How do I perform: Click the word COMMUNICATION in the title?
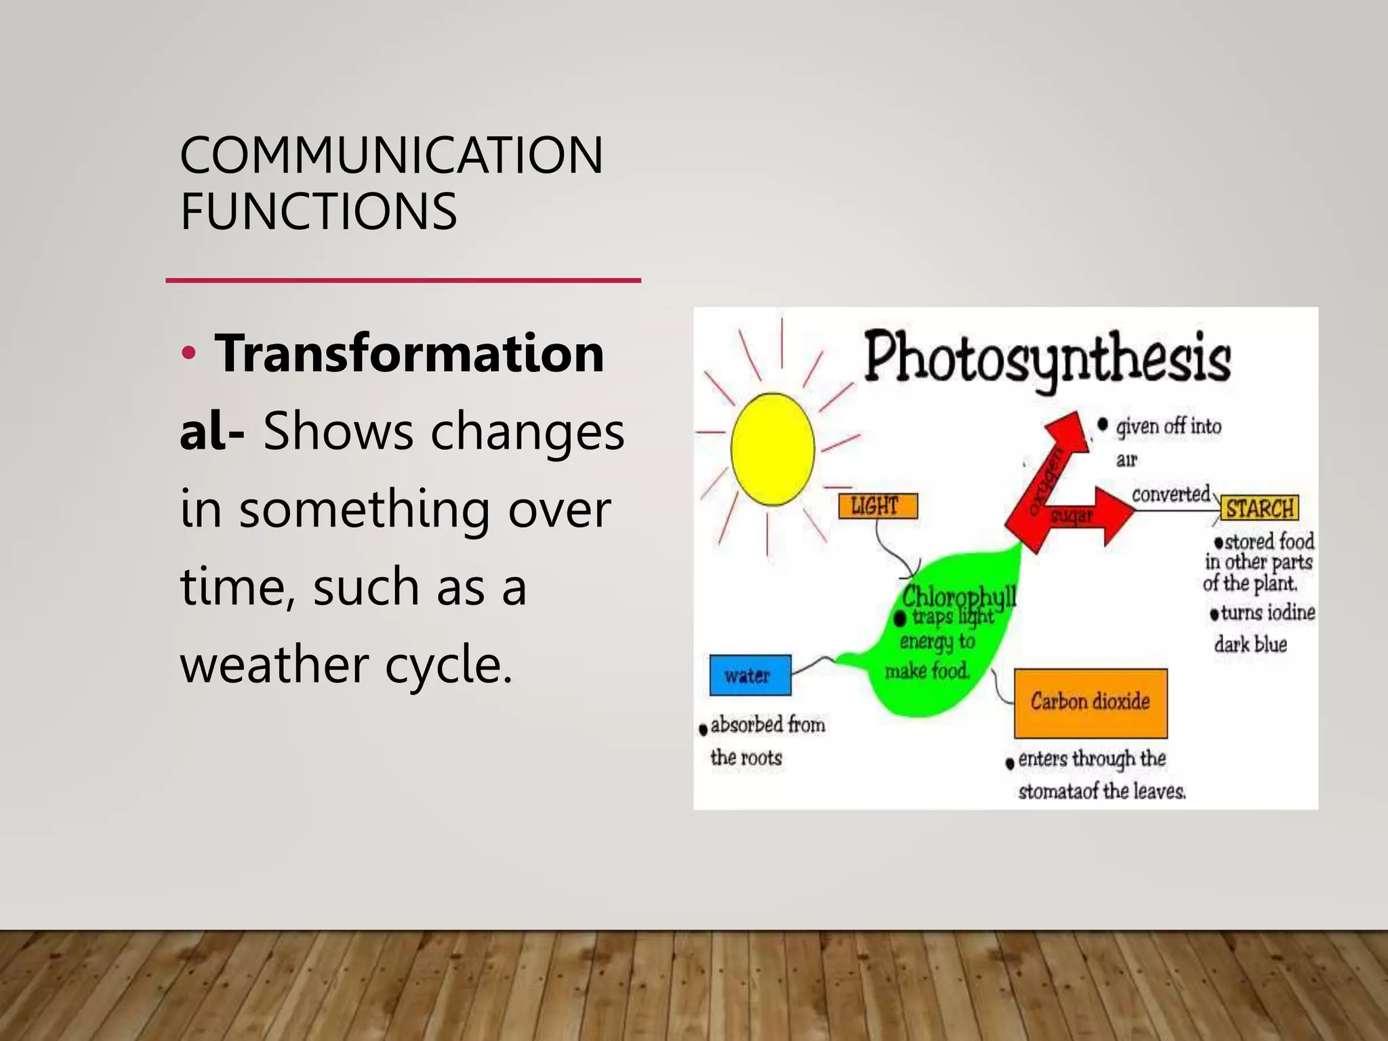pos(391,156)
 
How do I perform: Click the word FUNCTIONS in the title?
pos(319,212)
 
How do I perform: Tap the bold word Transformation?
pos(409,354)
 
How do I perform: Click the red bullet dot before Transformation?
pos(188,353)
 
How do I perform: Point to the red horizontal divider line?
pos(403,280)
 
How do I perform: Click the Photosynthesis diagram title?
pos(1047,358)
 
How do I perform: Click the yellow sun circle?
pos(773,449)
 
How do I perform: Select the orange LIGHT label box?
pos(878,506)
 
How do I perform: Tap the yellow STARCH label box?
pos(1259,508)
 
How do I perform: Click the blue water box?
pos(750,675)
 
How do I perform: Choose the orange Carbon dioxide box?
pos(1090,702)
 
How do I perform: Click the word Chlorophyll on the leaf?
pos(958,597)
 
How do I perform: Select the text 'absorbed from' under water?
pos(767,725)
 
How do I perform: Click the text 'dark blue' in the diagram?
pos(1250,644)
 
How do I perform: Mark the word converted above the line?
pos(1170,494)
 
